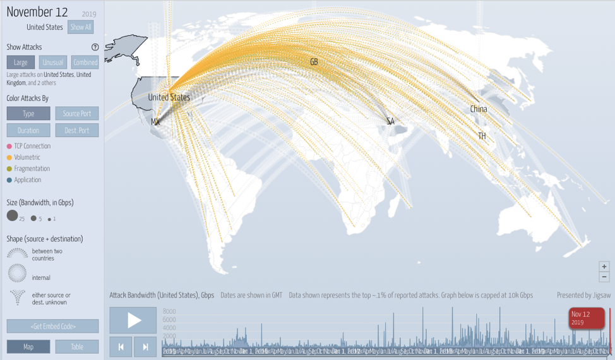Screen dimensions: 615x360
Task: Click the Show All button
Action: [x=81, y=27]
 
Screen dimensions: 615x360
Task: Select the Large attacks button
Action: [x=21, y=63]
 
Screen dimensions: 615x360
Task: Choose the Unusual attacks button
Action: [x=52, y=63]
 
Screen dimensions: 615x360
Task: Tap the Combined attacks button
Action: [x=85, y=63]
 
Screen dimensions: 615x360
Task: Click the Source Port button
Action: [x=77, y=114]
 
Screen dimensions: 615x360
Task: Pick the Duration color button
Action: [x=28, y=131]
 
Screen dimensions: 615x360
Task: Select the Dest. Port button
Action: [x=77, y=131]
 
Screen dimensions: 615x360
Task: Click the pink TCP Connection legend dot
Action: [x=9, y=147]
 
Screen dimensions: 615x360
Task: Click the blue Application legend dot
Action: [x=9, y=180]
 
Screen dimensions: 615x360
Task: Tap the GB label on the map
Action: [x=314, y=62]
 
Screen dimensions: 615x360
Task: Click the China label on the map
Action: [x=479, y=109]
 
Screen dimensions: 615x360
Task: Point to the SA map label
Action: [x=390, y=121]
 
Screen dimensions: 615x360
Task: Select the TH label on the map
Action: [x=482, y=136]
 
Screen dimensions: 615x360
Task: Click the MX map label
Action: [x=155, y=122]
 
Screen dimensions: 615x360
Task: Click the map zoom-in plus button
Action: [x=604, y=267]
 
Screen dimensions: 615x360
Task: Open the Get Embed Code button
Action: [x=53, y=326]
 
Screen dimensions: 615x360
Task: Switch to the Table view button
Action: [x=77, y=347]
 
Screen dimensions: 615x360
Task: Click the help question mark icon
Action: [x=95, y=47]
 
